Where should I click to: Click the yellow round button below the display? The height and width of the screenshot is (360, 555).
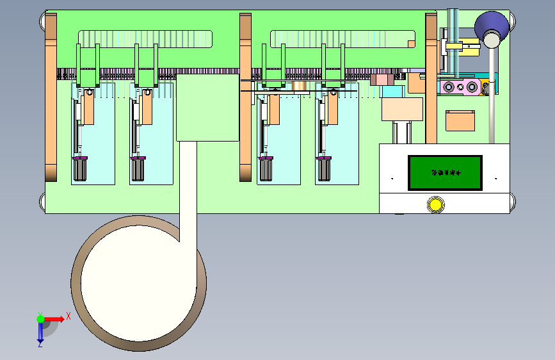(x=435, y=205)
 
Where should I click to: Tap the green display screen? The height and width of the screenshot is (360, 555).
(x=446, y=172)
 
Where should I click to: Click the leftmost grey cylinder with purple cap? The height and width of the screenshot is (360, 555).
(x=80, y=169)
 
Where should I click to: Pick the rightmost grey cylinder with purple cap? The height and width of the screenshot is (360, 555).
(x=325, y=169)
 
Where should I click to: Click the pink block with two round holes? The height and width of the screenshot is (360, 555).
(x=460, y=86)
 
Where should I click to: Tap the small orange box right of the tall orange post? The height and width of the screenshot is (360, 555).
(x=460, y=120)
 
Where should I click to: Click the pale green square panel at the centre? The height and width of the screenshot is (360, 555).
(x=207, y=107)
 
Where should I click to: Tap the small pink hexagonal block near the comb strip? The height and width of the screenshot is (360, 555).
(x=382, y=79)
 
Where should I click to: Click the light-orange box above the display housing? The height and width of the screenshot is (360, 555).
(x=402, y=109)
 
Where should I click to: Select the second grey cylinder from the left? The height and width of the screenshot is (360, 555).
(x=138, y=169)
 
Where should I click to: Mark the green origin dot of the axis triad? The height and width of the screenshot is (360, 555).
(x=40, y=318)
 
